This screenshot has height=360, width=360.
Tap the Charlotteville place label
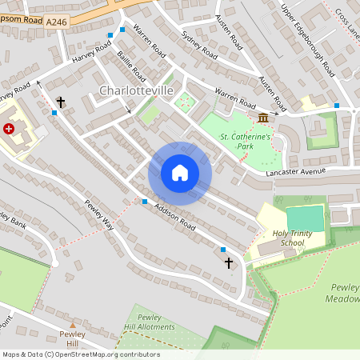click(136, 91)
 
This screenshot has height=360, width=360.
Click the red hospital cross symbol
click(10, 128)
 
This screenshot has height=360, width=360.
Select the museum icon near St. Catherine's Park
click(263, 118)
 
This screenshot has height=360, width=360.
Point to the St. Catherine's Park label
click(246, 142)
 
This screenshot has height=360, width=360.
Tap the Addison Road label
click(176, 214)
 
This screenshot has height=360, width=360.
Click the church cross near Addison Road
click(228, 262)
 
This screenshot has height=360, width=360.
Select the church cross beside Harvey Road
click(61, 102)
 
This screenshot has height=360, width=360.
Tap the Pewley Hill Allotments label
click(150, 322)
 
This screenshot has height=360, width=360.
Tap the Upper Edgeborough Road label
click(308, 38)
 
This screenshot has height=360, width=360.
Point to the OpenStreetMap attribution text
click(80, 354)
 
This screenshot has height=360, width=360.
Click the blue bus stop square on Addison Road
click(145, 202)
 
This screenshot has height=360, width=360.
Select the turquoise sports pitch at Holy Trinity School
click(306, 218)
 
